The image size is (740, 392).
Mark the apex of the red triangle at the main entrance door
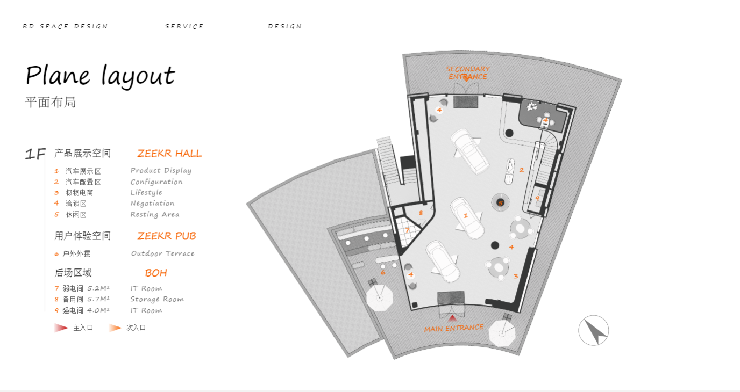pyautogui.click(x=452, y=315)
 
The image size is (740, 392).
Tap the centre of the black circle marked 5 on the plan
pyautogui.click(x=500, y=202)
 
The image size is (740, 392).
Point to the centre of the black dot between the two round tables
pyautogui.click(x=495, y=245)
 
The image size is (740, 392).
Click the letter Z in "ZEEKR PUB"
pyautogui.click(x=141, y=236)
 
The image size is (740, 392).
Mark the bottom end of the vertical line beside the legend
pyautogui.click(x=45, y=311)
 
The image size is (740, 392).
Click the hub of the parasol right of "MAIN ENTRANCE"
pyautogui.click(x=502, y=333)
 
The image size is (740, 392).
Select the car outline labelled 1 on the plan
pyautogui.click(x=467, y=218)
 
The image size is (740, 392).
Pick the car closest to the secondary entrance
pyautogui.click(x=469, y=151)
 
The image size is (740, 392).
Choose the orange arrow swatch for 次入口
pyautogui.click(x=115, y=328)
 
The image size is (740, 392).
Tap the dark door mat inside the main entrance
pyautogui.click(x=451, y=297)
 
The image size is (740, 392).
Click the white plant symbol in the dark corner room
pyautogui.click(x=531, y=106)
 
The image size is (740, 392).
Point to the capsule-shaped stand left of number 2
pyautogui.click(x=510, y=172)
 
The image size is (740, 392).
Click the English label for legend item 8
pyautogui.click(x=157, y=299)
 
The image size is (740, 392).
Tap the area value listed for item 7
pyautogui.click(x=98, y=288)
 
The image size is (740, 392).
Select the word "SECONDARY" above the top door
pyautogui.click(x=468, y=69)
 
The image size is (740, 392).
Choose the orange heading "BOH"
pyautogui.click(x=156, y=273)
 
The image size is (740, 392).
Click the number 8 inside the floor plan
pyautogui.click(x=421, y=213)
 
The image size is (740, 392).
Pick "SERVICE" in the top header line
pyautogui.click(x=184, y=26)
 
